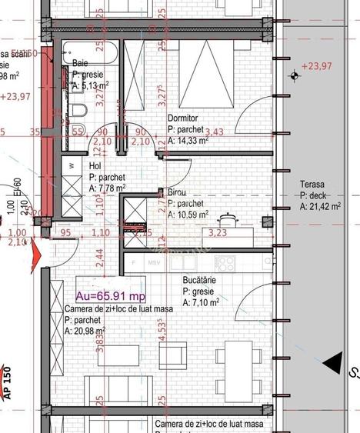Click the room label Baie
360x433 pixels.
click(x=80, y=62)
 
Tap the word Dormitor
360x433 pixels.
click(x=183, y=118)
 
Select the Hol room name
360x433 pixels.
click(x=95, y=165)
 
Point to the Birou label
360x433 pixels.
click(x=178, y=192)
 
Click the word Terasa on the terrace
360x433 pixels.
click(x=312, y=185)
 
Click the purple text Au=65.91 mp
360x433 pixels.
click(x=109, y=295)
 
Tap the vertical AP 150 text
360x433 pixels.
click(x=8, y=380)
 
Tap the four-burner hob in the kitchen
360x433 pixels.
click(x=225, y=263)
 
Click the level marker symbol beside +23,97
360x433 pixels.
click(x=295, y=75)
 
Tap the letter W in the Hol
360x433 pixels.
click(x=71, y=165)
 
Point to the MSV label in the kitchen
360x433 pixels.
click(x=154, y=262)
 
